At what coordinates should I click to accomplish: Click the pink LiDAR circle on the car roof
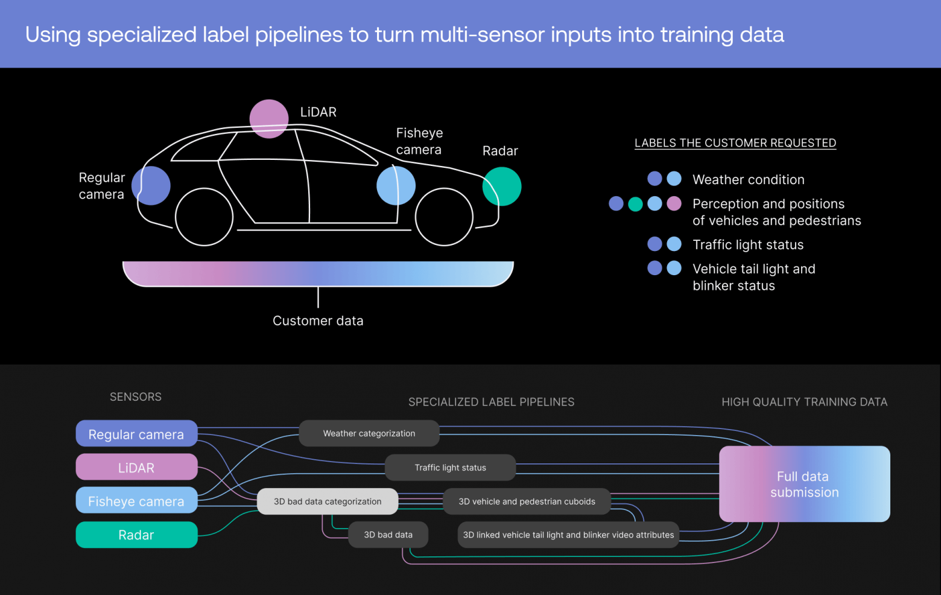click(269, 119)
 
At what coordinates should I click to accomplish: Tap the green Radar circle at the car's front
click(502, 186)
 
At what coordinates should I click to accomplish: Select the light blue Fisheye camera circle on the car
click(396, 186)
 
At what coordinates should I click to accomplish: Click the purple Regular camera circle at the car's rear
click(151, 186)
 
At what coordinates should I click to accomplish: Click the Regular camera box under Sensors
click(136, 433)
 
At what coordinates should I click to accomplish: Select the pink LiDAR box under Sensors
click(136, 467)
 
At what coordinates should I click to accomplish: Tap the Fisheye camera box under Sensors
click(136, 500)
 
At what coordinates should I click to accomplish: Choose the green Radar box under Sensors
click(136, 535)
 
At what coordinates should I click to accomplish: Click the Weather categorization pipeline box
click(369, 433)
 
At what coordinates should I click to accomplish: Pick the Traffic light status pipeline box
click(450, 467)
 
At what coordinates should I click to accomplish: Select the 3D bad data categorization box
click(328, 501)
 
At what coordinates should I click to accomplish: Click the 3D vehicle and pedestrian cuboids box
click(527, 501)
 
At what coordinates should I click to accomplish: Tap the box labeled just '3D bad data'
click(388, 535)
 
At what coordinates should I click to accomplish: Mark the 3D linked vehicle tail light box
click(568, 535)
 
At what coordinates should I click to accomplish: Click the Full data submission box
click(805, 483)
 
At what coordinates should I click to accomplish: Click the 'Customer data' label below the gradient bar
click(318, 320)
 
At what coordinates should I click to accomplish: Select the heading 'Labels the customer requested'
click(735, 143)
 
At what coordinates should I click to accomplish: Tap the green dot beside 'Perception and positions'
click(635, 204)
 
